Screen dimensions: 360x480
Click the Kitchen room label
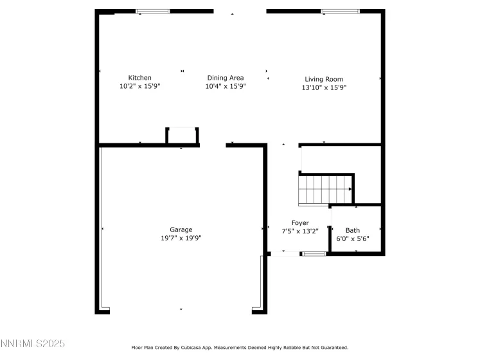139,78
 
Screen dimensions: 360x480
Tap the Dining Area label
225,78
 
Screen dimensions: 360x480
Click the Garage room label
181,230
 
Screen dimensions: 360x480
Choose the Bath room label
353,230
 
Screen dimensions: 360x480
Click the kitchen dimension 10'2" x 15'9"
139,85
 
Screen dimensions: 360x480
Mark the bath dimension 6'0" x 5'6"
353,239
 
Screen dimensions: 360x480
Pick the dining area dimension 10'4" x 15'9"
225,85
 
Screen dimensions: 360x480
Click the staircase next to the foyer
325,190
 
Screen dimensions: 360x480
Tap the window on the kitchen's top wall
152,11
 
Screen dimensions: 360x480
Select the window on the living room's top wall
340,11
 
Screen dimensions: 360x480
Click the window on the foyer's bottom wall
314,254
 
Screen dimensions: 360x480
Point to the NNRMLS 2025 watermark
33,344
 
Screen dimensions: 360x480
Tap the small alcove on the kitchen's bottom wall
182,136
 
